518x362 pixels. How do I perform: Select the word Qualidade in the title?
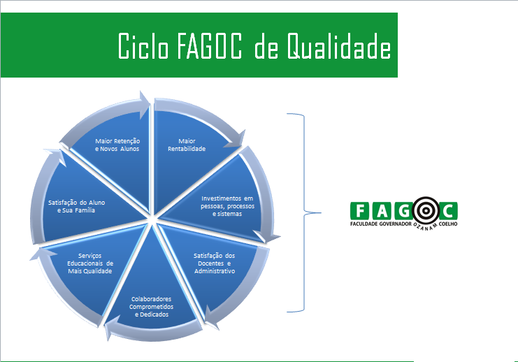point(338,46)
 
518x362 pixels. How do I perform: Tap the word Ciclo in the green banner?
point(143,46)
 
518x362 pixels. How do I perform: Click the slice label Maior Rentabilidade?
point(187,145)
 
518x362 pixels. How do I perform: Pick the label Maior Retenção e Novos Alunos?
point(117,145)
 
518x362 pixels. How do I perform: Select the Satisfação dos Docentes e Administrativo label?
point(215,263)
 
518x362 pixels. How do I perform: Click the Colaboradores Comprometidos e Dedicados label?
point(151,307)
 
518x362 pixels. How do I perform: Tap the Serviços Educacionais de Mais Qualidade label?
point(90,263)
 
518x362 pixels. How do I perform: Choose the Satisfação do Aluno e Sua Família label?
point(76,206)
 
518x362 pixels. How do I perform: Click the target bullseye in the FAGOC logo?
point(426,210)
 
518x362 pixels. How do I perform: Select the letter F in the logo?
point(361,211)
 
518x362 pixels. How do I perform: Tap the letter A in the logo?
point(382,211)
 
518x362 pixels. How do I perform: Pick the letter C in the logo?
point(448,211)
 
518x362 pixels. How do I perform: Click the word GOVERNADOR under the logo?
point(396,224)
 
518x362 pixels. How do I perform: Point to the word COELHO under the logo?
point(448,224)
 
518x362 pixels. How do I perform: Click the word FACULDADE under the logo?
point(364,224)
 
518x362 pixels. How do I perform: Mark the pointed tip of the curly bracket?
point(321,212)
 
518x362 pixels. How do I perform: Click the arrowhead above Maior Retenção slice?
point(145,104)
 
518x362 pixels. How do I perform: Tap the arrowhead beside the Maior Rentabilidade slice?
point(238,139)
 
